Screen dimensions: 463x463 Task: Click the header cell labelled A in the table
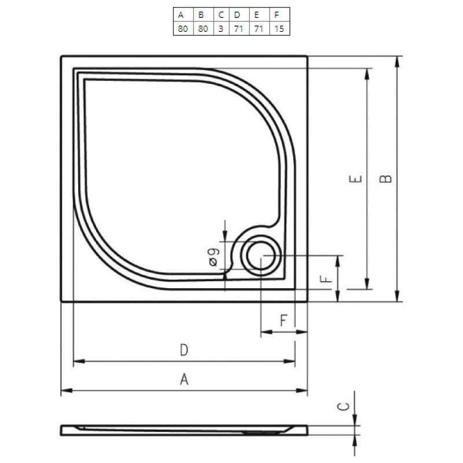pyautogui.click(x=183, y=14)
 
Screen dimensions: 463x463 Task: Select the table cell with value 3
pyautogui.click(x=221, y=28)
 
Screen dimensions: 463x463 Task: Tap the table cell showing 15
pyautogui.click(x=280, y=28)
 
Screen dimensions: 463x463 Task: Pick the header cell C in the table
pyautogui.click(x=221, y=14)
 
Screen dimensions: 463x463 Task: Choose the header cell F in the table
pyautogui.click(x=280, y=14)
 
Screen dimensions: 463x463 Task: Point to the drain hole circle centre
pyautogui.click(x=261, y=256)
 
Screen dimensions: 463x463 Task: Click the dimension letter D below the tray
pyautogui.click(x=184, y=350)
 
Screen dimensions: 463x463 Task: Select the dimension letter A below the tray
pyautogui.click(x=184, y=379)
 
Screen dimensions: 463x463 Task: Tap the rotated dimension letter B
pyautogui.click(x=385, y=179)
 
